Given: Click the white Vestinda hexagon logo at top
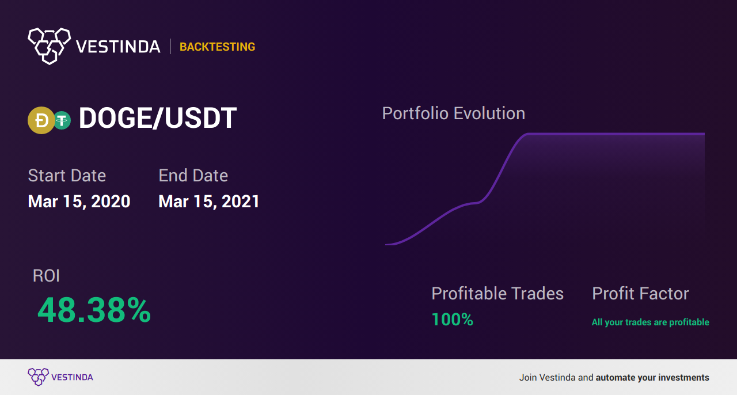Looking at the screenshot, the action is (50, 46).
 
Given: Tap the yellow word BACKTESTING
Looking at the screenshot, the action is (217, 47).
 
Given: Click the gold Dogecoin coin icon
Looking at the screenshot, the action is (41, 120).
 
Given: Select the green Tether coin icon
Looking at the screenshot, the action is (62, 120).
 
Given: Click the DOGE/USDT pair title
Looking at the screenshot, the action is (158, 118).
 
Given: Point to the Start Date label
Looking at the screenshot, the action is (67, 176).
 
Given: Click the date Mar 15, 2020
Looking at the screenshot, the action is (79, 202).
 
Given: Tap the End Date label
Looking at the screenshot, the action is (193, 176).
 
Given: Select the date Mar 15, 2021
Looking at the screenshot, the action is (209, 202).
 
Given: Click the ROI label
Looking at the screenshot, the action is (46, 275).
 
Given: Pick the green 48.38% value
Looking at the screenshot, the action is (94, 310).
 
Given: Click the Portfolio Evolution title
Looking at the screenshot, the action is (453, 113).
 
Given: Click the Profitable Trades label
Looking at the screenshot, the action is (497, 293).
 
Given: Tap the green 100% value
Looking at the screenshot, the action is (453, 320).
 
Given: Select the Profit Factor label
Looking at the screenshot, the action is (640, 293).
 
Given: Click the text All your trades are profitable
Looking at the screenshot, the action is (651, 322).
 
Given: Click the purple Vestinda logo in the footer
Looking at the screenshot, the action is (60, 377).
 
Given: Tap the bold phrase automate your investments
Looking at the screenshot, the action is (652, 378).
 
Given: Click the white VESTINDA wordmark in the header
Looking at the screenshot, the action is (118, 47).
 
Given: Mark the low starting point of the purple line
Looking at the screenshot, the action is (386, 245).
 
